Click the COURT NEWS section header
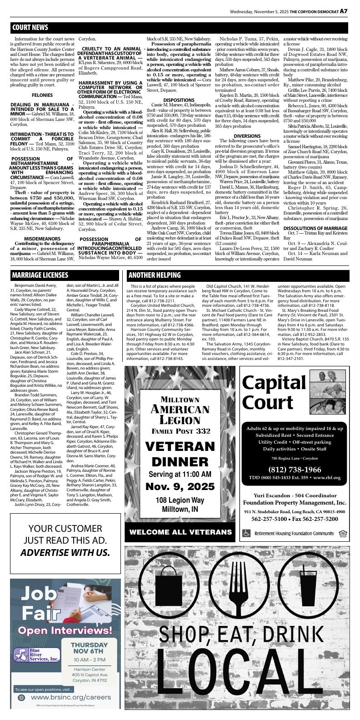click(x=30, y=28)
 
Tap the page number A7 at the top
click(x=344, y=11)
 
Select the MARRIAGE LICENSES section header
click(x=40, y=275)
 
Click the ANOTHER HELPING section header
click(x=154, y=275)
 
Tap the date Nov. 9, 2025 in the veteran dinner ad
click(x=180, y=487)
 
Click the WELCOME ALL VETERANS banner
click(x=180, y=532)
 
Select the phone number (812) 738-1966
click(x=294, y=470)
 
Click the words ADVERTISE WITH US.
click(x=65, y=553)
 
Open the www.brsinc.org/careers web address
click(x=70, y=697)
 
